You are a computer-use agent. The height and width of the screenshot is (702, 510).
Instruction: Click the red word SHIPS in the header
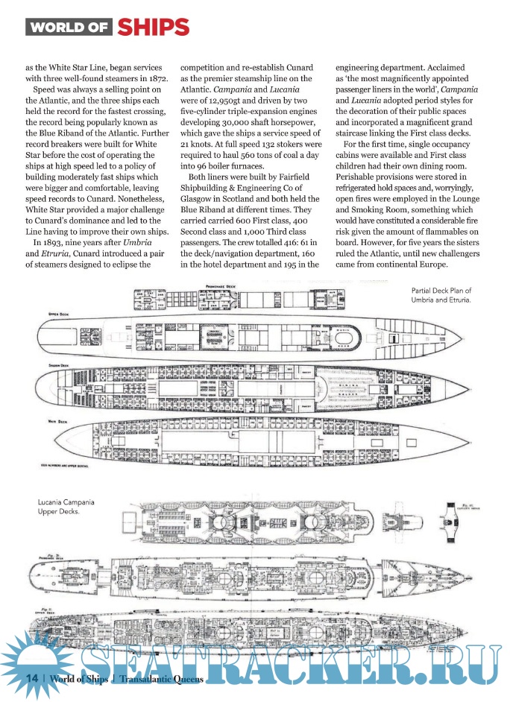click(153, 27)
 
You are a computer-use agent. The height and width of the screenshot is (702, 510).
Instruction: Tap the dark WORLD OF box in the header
click(69, 28)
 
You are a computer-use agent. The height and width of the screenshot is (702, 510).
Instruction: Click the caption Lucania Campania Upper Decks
click(66, 507)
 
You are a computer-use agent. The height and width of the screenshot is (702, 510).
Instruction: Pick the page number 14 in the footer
click(31, 679)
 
